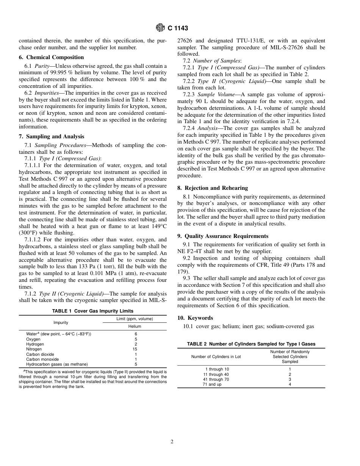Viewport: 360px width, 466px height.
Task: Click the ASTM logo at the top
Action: point(160,28)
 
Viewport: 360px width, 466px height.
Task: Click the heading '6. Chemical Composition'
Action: point(51,57)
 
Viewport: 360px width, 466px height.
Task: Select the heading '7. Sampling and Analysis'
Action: point(52,136)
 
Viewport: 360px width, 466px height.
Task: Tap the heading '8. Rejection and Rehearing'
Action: point(213,188)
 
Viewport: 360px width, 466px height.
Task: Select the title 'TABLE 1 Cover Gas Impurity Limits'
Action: point(93,311)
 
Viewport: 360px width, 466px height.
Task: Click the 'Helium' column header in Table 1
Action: point(135,326)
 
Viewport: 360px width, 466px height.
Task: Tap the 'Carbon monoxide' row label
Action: point(42,359)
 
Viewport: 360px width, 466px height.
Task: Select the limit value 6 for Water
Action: point(135,334)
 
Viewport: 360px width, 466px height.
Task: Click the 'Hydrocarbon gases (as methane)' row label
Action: point(57,364)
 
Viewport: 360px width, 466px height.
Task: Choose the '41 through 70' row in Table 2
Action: point(216,379)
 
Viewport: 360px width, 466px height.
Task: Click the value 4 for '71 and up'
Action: point(290,384)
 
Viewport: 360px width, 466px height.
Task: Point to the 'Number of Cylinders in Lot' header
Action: point(216,357)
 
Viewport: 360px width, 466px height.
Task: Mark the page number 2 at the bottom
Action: point(172,441)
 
